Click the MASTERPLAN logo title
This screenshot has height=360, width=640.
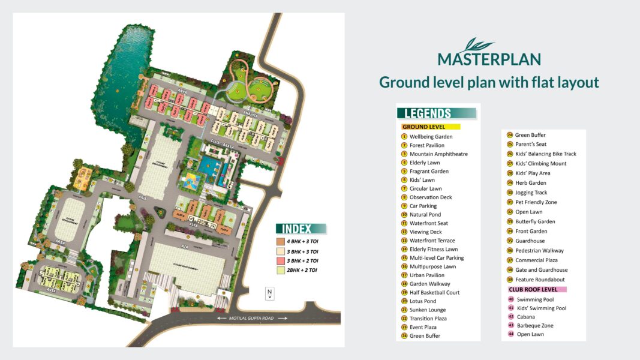click(489, 58)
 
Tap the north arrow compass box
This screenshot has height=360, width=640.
click(270, 293)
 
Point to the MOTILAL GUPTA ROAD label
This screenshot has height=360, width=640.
click(253, 319)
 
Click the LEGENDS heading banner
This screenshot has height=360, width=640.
click(436, 113)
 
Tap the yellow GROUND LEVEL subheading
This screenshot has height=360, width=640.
click(430, 127)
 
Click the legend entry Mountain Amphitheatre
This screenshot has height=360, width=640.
click(438, 154)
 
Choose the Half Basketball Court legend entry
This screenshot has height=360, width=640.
click(434, 292)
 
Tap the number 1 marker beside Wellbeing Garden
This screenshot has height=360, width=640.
click(404, 137)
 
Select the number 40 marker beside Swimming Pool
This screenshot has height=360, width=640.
click(511, 299)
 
